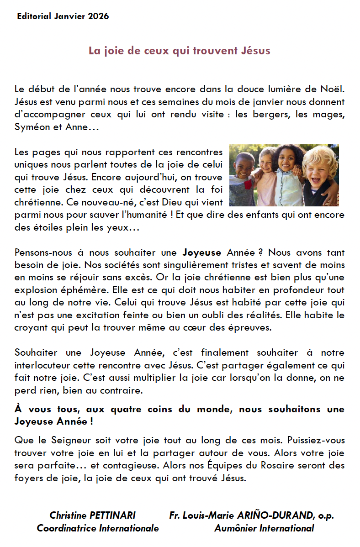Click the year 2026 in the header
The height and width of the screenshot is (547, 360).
(99, 16)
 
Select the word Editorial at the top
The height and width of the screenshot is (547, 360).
(33, 16)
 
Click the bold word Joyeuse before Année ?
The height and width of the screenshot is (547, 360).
(202, 252)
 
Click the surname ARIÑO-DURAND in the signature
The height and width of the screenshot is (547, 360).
(274, 515)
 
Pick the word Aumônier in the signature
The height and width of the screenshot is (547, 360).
(235, 528)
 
